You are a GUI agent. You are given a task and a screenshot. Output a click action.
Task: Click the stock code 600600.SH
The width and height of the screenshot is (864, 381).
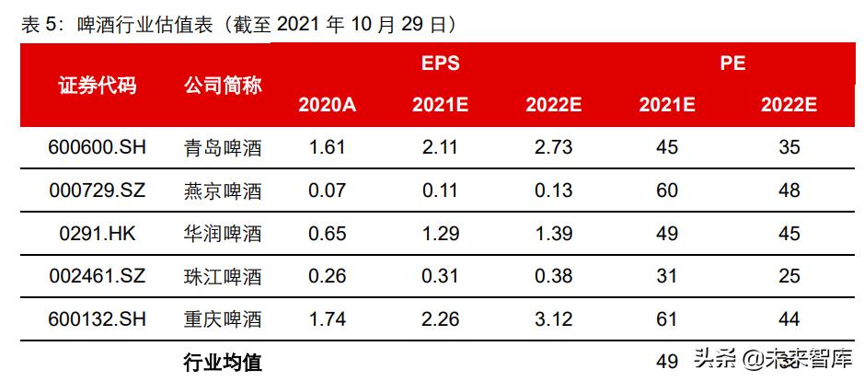pyautogui.click(x=97, y=147)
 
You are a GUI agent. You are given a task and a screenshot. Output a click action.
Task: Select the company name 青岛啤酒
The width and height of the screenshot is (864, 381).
pyautogui.click(x=223, y=147)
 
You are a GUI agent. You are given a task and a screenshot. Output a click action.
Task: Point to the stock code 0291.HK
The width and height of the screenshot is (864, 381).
pyautogui.click(x=97, y=234)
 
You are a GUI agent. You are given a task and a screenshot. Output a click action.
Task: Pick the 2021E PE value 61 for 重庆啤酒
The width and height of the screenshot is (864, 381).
pyautogui.click(x=667, y=319)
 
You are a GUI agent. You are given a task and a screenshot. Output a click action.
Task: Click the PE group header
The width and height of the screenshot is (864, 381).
pyautogui.click(x=732, y=63)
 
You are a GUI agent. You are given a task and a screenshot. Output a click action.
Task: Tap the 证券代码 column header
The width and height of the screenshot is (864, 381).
pyautogui.click(x=97, y=86)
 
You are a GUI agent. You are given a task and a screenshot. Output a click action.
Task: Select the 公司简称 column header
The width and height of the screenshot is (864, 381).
pyautogui.click(x=223, y=86)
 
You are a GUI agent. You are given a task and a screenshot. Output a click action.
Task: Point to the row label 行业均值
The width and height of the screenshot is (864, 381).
pyautogui.click(x=223, y=362)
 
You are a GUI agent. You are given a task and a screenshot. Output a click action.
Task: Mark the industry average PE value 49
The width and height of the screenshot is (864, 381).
pyautogui.click(x=667, y=360)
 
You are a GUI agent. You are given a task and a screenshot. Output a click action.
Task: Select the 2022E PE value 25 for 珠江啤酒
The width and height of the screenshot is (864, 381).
pyautogui.click(x=789, y=276)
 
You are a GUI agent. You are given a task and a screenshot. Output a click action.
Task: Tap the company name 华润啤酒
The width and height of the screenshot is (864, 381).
pyautogui.click(x=223, y=234)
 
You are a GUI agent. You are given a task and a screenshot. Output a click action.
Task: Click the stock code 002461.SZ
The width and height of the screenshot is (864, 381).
pyautogui.click(x=97, y=276)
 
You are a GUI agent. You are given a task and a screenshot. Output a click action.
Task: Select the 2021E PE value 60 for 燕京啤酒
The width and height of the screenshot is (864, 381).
pyautogui.click(x=667, y=190)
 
